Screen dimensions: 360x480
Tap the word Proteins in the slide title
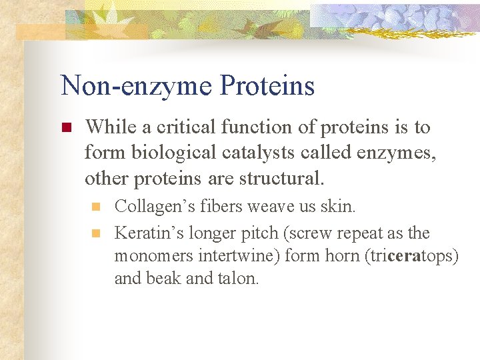(x=266, y=86)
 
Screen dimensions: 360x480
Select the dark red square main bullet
(x=65, y=127)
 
